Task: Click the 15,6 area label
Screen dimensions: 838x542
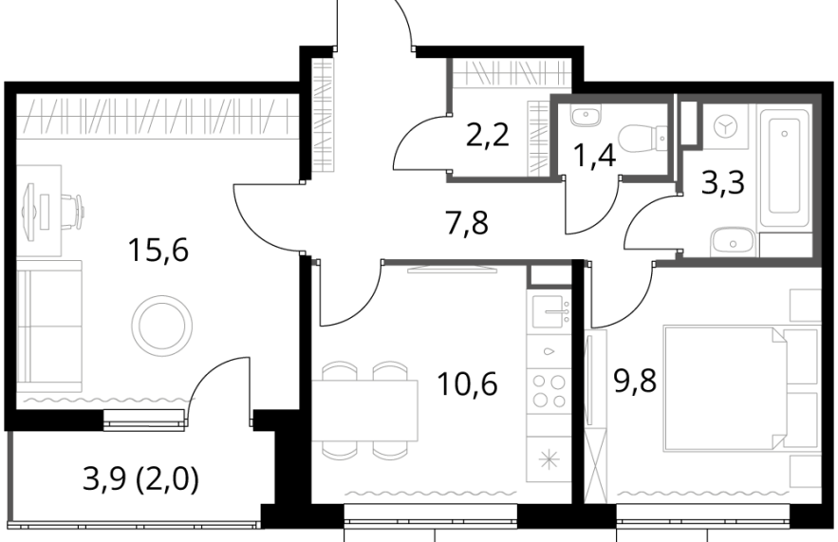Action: (158, 251)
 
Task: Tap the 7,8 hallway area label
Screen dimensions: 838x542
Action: (467, 223)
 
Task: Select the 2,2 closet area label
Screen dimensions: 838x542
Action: (488, 136)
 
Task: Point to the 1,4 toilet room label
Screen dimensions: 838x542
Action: (594, 156)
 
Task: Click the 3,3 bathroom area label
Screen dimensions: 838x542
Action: (723, 183)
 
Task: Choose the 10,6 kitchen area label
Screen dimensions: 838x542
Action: (467, 383)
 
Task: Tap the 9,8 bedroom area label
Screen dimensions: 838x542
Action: (636, 382)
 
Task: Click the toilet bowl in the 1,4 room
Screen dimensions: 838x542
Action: (645, 138)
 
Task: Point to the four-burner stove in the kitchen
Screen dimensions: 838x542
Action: (549, 391)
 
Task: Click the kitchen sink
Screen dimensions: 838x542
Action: (549, 311)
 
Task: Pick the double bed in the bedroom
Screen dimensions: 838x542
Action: (741, 388)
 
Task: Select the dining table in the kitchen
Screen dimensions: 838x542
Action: (365, 410)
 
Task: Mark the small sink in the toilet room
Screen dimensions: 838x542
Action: (586, 115)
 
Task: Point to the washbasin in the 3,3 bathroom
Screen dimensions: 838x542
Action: (732, 243)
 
